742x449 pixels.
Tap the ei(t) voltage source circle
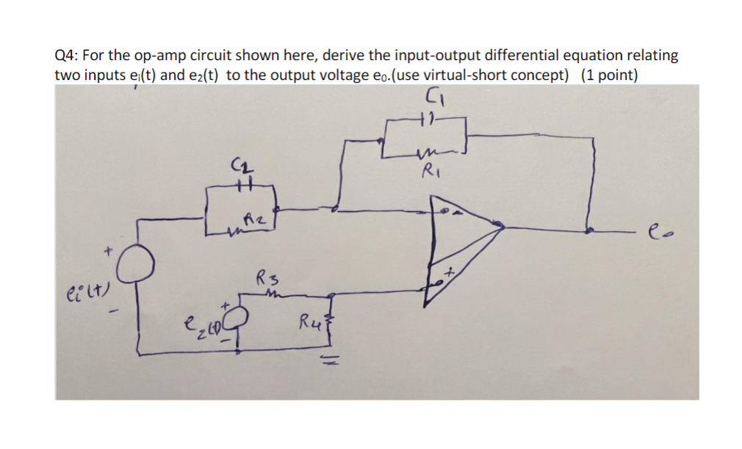pos(136,265)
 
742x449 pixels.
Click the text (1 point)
pos(608,75)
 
